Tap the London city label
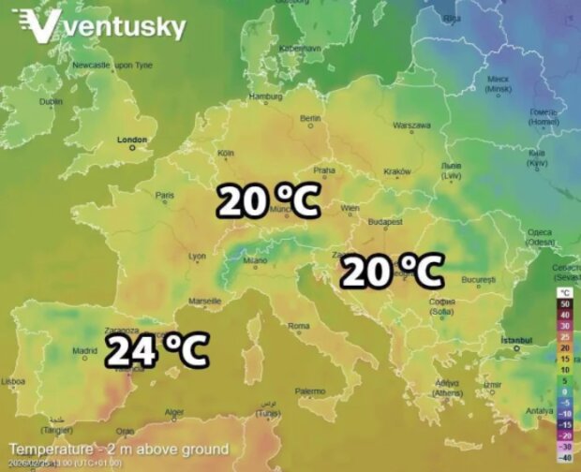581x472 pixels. tap(132, 140)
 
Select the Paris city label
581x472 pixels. tap(166, 196)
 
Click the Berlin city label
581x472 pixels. tap(310, 119)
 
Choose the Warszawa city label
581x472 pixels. tap(411, 125)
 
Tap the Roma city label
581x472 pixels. tap(298, 325)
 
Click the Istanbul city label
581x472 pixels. tap(516, 339)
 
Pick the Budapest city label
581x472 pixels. tap(385, 222)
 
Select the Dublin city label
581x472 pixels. tap(51, 101)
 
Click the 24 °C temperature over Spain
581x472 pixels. tap(156, 350)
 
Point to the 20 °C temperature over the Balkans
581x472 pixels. tap(391, 271)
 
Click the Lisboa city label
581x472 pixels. tap(13, 381)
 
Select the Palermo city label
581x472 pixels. tap(310, 391)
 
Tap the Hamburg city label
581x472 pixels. tap(266, 96)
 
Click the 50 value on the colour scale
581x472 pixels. tap(564, 303)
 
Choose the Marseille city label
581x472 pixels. tap(205, 301)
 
